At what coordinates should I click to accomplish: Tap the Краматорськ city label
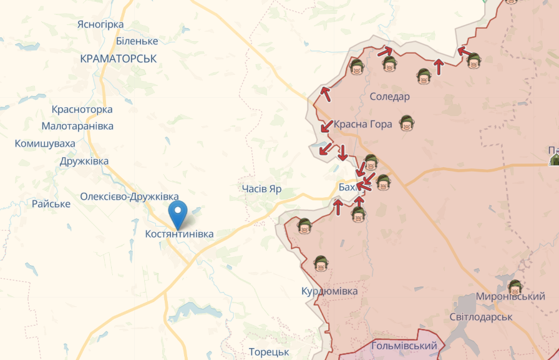119,59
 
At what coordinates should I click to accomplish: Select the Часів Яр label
262,188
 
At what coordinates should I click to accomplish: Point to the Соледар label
390,97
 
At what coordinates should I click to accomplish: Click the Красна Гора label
363,124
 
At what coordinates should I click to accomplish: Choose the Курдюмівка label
329,291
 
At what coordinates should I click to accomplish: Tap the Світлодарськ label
480,317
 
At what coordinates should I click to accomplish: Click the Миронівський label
510,297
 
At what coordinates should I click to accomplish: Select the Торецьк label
269,352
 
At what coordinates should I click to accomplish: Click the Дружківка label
84,161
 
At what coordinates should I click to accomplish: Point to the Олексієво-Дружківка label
129,197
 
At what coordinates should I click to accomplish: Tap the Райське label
51,204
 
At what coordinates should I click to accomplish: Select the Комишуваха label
45,144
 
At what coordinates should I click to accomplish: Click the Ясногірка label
100,24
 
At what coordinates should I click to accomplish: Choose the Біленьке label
137,41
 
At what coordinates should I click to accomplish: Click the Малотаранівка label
77,126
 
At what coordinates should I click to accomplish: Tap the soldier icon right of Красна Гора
407,124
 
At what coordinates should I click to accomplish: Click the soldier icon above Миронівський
515,287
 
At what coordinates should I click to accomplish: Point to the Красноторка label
82,110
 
